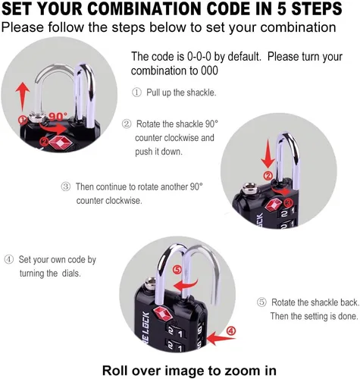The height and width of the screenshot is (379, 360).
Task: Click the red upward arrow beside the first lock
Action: click(23, 96)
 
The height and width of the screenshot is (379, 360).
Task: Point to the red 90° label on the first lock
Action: click(58, 117)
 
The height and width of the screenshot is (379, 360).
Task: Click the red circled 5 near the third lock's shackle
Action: click(177, 270)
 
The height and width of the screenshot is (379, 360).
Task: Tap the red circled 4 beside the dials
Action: click(231, 330)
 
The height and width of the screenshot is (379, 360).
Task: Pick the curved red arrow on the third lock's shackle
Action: click(186, 285)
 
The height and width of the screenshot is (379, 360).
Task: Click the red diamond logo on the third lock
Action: click(163, 314)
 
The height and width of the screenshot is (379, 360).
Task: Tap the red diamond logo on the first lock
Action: click(61, 143)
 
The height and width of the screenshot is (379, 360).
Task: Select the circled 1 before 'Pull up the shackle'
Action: click(136, 92)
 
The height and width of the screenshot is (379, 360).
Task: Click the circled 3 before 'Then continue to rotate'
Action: click(65, 187)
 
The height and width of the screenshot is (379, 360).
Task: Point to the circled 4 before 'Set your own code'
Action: click(9, 259)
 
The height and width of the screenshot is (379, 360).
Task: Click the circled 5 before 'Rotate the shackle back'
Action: click(261, 302)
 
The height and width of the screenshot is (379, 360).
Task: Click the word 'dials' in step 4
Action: click(71, 274)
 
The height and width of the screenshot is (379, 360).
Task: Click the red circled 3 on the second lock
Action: click(288, 202)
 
